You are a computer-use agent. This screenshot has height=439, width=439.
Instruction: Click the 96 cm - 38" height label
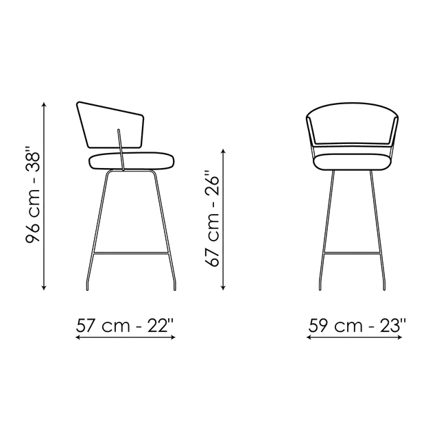[33, 198]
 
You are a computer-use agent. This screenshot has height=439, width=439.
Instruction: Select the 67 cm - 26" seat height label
[212, 218]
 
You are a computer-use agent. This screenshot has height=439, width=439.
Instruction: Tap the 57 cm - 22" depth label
[125, 325]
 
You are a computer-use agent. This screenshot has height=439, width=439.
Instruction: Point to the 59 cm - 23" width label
[357, 325]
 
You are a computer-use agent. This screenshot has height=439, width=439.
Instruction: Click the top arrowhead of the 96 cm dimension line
[44, 105]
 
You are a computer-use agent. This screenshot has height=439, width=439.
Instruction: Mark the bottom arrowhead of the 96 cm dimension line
[44, 287]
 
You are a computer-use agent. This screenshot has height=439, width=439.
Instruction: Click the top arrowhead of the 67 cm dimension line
[223, 152]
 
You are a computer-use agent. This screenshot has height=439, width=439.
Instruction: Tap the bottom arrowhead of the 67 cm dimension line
[223, 287]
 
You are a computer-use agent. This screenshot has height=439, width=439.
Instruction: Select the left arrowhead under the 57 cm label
[78, 337]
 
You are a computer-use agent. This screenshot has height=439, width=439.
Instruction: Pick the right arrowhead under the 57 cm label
[173, 337]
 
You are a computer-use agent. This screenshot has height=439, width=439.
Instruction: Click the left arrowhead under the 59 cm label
[309, 337]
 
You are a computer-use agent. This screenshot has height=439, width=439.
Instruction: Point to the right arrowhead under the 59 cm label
[400, 337]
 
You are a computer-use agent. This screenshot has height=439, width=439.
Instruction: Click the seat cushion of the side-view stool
[132, 161]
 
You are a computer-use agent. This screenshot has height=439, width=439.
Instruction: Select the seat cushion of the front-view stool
[352, 162]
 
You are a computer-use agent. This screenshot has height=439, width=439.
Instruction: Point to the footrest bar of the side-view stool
[130, 254]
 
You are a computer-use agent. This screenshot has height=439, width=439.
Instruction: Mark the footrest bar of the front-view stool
[352, 254]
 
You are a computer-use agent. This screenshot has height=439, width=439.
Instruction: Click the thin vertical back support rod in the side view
[121, 150]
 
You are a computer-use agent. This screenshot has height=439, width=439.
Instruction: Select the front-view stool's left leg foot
[320, 285]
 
